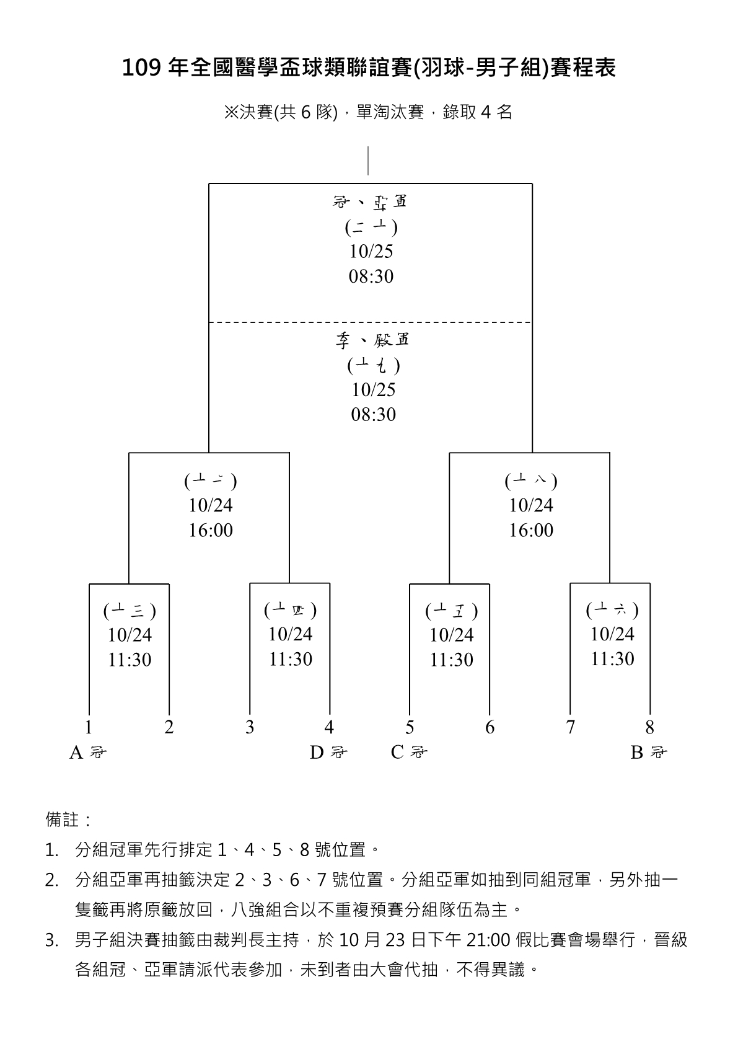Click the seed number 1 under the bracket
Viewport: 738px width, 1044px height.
[89, 727]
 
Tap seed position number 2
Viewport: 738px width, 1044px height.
[169, 727]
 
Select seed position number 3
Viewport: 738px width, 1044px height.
[250, 727]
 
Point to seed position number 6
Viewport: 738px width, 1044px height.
[490, 727]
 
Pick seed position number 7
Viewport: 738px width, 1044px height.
[570, 727]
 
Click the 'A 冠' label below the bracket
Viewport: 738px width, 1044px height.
[87, 752]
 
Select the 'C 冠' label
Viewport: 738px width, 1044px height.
[409, 752]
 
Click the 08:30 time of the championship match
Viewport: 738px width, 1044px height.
[371, 276]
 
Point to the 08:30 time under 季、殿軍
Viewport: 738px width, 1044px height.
[373, 415]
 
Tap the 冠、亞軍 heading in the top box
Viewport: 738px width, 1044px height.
[370, 202]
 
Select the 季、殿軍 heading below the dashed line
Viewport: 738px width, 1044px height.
[372, 340]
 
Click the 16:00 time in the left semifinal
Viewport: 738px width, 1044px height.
[211, 531]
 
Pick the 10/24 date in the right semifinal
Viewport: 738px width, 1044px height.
[531, 506]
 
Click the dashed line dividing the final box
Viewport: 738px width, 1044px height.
[370, 322]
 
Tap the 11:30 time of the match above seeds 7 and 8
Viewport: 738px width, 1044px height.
[612, 659]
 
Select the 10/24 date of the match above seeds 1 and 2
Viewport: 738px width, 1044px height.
[130, 635]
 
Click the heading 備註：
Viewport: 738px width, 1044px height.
[68, 820]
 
